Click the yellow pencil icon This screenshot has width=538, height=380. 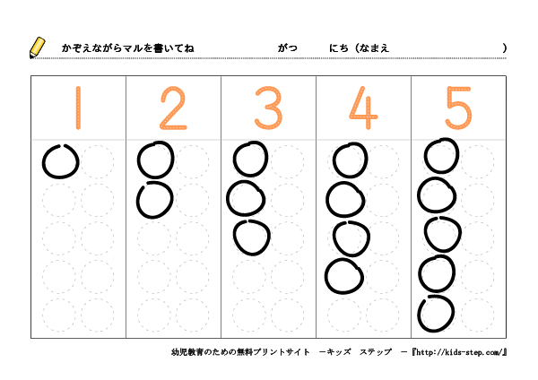click(37, 47)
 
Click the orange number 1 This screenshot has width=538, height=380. click(78, 108)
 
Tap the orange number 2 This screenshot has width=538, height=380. click(173, 108)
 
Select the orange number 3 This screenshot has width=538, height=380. click(269, 108)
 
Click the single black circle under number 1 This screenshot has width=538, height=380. click(43, 162)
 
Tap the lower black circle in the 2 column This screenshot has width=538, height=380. click(137, 200)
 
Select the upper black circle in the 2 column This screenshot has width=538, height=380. click(138, 160)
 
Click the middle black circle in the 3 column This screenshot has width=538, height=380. click(228, 199)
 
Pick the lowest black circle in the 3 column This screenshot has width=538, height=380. click(234, 237)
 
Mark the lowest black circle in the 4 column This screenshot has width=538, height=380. click(326, 276)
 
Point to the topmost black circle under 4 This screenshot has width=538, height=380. click(334, 160)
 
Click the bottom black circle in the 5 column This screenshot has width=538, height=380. click(419, 314)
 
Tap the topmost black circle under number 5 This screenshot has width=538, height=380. click(425, 156)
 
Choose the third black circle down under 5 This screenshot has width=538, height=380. click(425, 235)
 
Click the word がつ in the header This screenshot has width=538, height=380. click(288, 48)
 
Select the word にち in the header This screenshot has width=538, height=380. click(339, 48)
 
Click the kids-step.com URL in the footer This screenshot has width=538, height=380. click(459, 352)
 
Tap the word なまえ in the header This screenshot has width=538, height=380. click(374, 48)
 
